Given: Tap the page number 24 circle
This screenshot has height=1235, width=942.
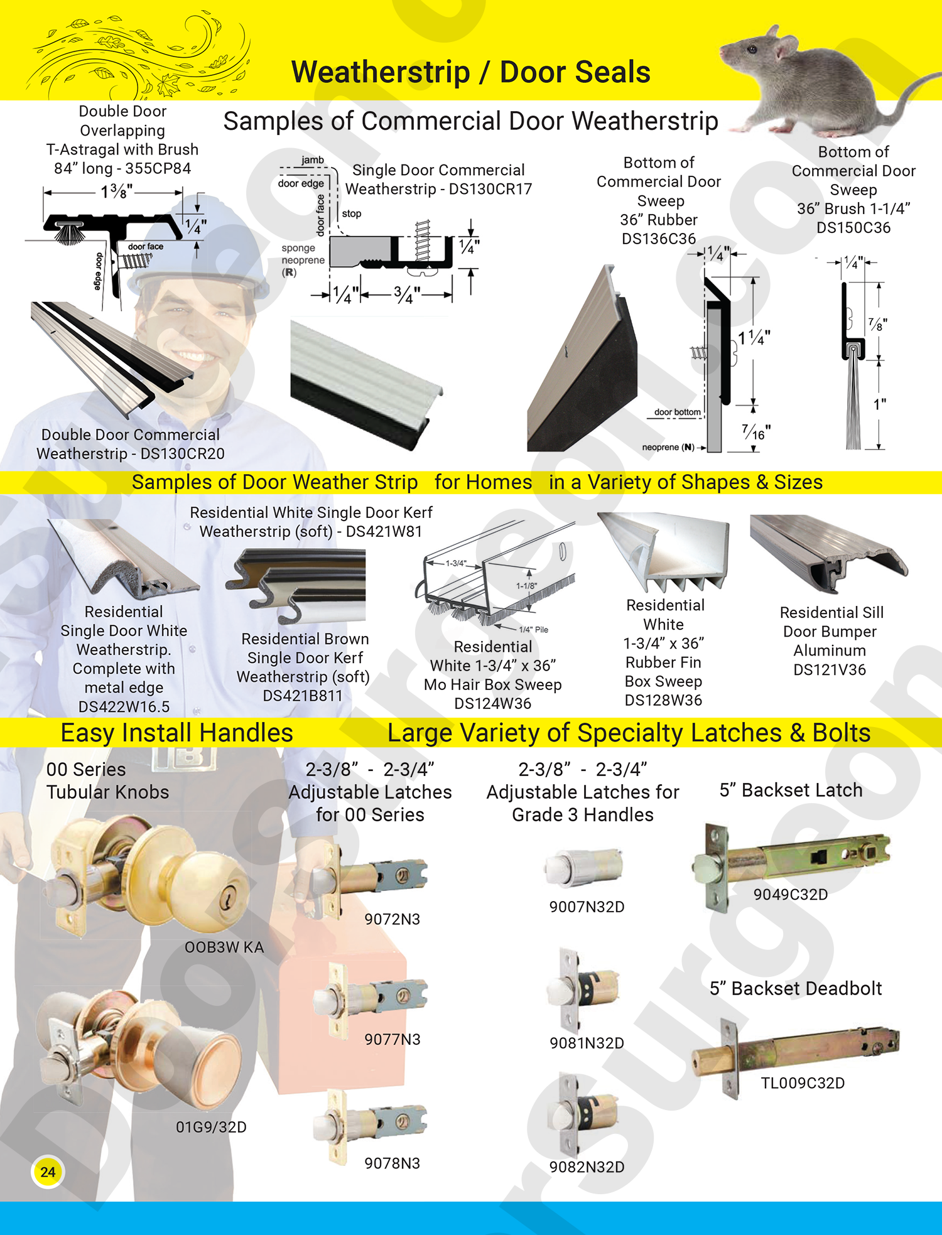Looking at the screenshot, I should (x=48, y=1172).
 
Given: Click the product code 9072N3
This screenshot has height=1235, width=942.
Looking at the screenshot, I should (x=392, y=919).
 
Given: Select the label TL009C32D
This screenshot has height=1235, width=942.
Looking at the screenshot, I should (x=803, y=1083).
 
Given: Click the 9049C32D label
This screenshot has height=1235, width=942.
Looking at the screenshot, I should (x=791, y=894).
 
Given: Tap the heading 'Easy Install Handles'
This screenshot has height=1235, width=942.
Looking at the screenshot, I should (x=176, y=733).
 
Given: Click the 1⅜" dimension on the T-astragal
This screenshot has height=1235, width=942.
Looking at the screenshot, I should (x=117, y=191).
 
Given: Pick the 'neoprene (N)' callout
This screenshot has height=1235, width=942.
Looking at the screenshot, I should (x=668, y=447).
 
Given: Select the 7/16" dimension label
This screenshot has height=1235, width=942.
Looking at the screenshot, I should (x=756, y=432).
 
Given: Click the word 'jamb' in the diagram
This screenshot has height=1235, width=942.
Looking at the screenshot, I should (x=312, y=160).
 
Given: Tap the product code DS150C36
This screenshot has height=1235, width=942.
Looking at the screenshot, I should (x=853, y=228).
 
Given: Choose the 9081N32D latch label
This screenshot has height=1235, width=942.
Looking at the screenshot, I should (x=587, y=1043).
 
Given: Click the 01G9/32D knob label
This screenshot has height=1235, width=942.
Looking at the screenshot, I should (x=211, y=1127).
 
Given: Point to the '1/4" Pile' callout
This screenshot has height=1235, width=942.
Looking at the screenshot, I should (x=533, y=630).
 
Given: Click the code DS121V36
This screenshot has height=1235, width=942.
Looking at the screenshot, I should (x=830, y=670).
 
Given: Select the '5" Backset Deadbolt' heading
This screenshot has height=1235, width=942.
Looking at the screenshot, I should (x=796, y=988).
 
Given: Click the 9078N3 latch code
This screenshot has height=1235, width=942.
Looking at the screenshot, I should (x=392, y=1163).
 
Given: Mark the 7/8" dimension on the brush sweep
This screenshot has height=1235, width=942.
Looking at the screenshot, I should (x=877, y=325).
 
